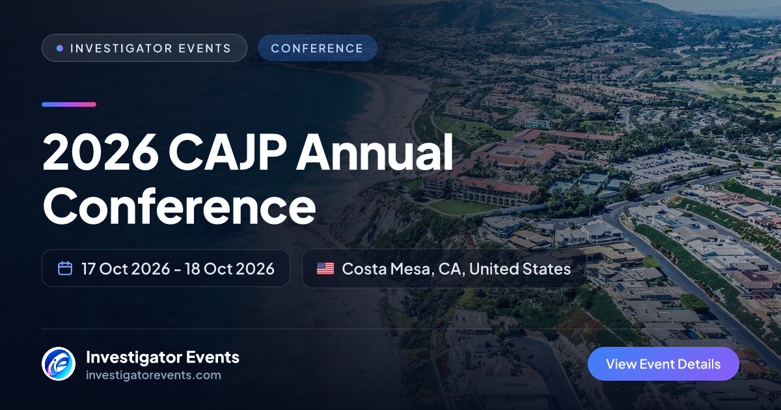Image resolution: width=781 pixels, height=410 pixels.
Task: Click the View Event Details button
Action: (x=663, y=364)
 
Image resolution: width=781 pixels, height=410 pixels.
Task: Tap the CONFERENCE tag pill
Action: (x=318, y=48)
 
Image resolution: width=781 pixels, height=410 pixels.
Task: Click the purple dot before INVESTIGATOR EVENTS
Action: (x=60, y=48)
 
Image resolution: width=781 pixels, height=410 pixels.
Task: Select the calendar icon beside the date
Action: (x=65, y=268)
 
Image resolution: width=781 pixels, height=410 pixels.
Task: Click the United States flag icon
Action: (x=325, y=268)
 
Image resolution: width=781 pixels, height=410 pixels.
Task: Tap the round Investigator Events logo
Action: (x=59, y=364)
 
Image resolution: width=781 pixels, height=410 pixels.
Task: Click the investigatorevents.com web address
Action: (x=154, y=375)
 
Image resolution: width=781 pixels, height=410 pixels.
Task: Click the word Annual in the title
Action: (x=375, y=152)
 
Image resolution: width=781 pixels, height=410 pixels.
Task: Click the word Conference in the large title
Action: (x=179, y=206)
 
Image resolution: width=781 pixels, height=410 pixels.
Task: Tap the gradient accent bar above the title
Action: (x=69, y=104)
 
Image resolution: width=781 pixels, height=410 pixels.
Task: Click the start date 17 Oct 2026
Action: (x=126, y=269)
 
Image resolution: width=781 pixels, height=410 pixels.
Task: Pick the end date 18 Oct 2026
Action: (x=229, y=269)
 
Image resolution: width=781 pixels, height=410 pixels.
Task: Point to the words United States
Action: (x=520, y=269)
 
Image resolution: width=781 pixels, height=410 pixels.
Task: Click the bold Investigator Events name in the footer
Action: (x=163, y=357)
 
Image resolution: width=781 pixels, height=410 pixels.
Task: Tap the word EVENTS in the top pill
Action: (x=204, y=48)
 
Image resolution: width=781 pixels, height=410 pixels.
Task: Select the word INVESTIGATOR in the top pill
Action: (x=121, y=48)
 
